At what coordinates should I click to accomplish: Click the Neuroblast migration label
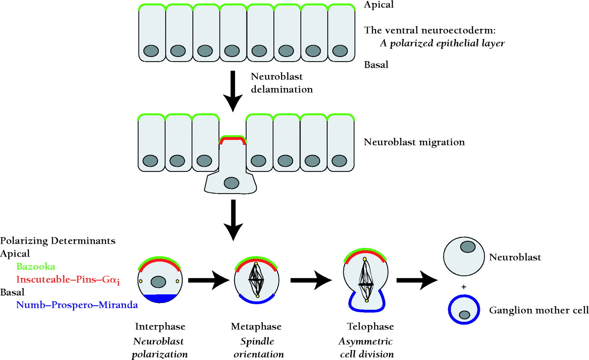tap(414, 142)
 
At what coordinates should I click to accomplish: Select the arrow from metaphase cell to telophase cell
tap(313, 280)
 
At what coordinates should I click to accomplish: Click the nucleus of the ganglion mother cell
tap(464, 315)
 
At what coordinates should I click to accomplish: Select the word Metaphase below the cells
tap(256, 327)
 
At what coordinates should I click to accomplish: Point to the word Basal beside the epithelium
tap(376, 65)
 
